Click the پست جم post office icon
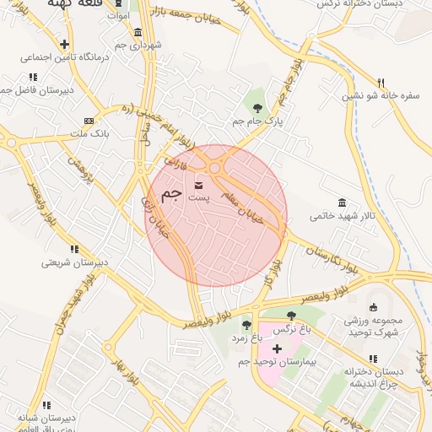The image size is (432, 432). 199,185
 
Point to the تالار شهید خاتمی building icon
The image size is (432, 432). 342,202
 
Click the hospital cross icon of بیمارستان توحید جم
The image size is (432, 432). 276,348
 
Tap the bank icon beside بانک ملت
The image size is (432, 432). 89,121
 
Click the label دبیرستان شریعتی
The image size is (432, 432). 75,262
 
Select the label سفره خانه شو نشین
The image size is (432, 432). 381,96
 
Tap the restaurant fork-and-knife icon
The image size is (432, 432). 381,83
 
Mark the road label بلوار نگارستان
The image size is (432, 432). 337,261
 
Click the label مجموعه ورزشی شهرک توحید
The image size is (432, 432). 374,327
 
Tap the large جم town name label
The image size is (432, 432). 171,193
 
